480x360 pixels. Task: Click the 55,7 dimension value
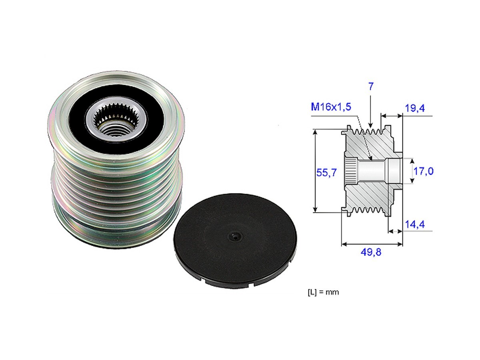coord(326,172)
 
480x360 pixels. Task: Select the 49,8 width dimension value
coord(371,252)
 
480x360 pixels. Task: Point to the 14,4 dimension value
coord(415,225)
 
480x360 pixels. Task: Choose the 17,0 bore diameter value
coord(424,172)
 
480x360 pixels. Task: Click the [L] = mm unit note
coord(323,292)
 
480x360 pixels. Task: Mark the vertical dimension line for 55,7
coord(316,170)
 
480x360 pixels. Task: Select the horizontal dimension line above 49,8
coord(372,244)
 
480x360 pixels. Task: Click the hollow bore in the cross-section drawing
coord(372,170)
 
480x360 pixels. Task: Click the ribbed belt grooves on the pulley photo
coord(116,188)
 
